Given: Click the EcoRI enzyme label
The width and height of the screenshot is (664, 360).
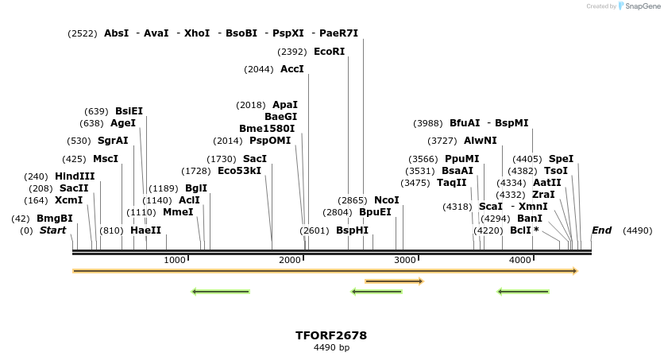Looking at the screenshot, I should [x=329, y=52].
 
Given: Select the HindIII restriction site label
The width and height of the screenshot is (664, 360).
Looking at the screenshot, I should [x=75, y=176].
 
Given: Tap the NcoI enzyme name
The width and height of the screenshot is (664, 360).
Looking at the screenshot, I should [x=386, y=200].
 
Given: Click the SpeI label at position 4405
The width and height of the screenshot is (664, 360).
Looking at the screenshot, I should [x=561, y=159].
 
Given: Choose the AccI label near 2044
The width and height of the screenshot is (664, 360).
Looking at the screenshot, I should [x=291, y=69].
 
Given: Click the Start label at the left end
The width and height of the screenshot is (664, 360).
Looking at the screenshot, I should [x=52, y=230].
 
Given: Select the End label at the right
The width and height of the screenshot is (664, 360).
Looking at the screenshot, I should [x=601, y=230].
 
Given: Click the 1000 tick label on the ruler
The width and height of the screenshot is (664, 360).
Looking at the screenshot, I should [x=174, y=261].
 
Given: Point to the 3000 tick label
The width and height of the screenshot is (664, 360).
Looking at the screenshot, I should [x=405, y=261].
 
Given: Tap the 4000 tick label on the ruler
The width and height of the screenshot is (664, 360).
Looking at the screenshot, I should [x=520, y=261].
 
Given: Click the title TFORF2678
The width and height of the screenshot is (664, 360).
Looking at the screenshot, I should [x=331, y=335].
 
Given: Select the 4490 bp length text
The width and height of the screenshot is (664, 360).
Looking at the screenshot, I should [x=331, y=347].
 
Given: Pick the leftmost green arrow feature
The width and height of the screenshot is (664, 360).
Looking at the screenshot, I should [x=221, y=292].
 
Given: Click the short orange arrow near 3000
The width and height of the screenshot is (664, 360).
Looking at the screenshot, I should [x=394, y=281].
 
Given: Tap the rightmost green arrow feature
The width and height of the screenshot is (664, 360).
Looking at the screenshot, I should [x=523, y=292].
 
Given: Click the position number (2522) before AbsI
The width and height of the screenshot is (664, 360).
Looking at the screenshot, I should [x=83, y=33].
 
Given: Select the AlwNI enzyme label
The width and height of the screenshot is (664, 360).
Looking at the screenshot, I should [x=480, y=141].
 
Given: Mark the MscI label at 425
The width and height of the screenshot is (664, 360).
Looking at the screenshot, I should [x=105, y=159].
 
